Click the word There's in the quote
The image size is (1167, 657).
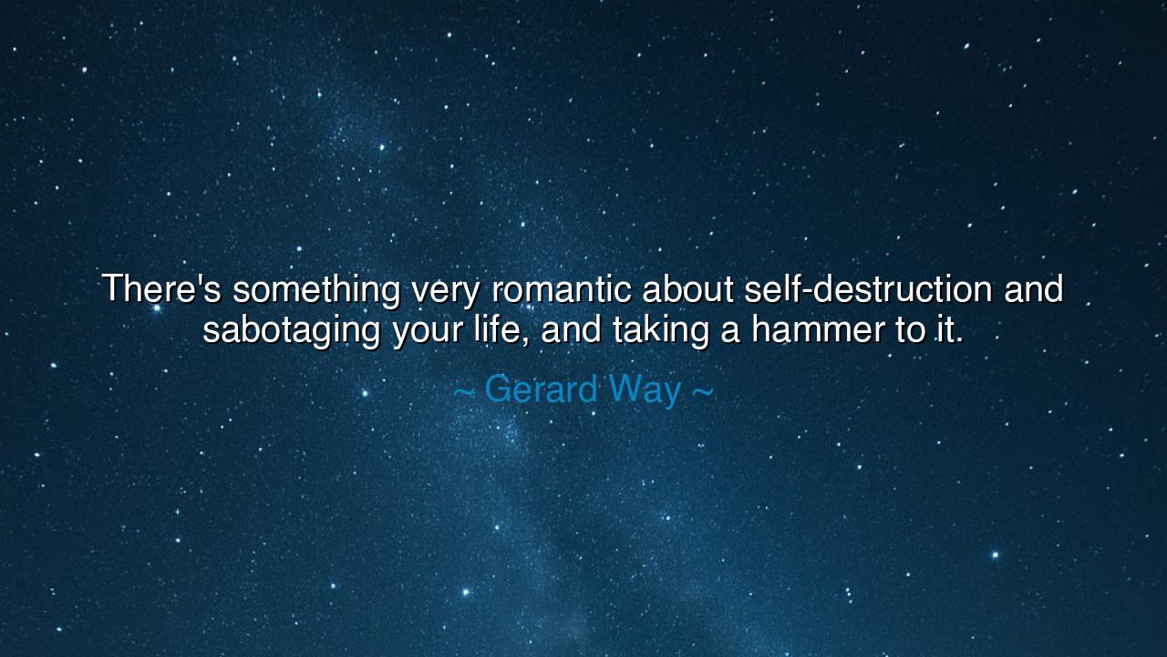[x=161, y=289]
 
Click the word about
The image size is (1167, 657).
[x=688, y=289]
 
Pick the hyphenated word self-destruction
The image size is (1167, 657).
[x=868, y=289]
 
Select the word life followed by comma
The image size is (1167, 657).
[x=502, y=329]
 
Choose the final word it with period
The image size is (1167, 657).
[x=950, y=329]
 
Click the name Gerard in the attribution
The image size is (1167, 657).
[x=541, y=390]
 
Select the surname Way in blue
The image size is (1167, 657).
[x=645, y=390]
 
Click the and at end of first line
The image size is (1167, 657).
[x=1033, y=289]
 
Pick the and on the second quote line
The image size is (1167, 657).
[x=572, y=329]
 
